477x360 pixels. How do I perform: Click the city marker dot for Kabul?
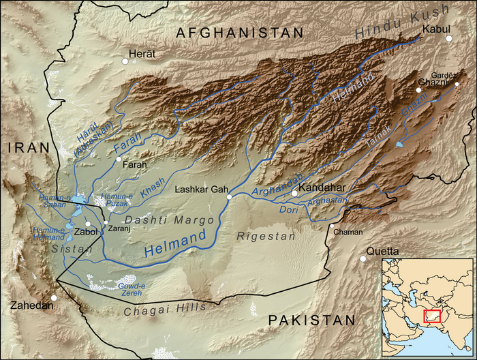(449, 38)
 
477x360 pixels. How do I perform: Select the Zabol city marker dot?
(89, 224)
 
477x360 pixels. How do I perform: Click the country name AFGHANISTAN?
(239, 33)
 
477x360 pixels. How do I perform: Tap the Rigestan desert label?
(266, 236)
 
